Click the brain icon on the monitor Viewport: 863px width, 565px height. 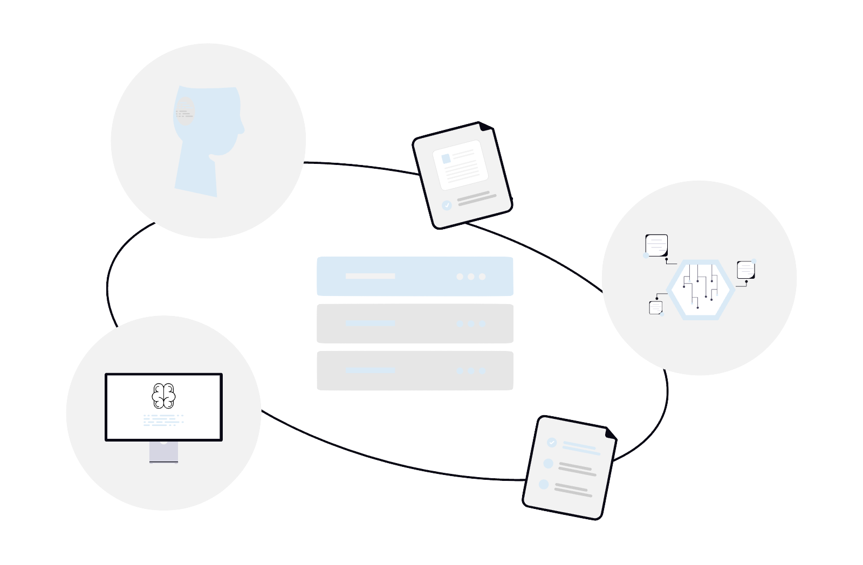coord(163,395)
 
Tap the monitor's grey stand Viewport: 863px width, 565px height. coord(163,452)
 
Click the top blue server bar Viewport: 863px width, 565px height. coord(414,276)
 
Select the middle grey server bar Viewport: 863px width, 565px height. coord(414,323)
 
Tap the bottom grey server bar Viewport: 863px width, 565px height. coord(414,371)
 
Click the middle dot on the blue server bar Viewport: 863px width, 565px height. coord(471,277)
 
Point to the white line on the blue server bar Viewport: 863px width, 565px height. coord(370,276)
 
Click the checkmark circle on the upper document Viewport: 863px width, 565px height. coord(447,205)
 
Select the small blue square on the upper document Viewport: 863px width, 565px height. coord(446,159)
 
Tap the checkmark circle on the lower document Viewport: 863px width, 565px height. coord(551,443)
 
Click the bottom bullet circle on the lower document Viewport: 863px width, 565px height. coord(544,485)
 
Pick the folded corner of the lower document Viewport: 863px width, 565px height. coord(610,432)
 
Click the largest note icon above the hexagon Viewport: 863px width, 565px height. coord(656,245)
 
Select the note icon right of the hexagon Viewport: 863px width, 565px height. coord(745,270)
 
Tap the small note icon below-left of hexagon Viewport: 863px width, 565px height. coord(656,307)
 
